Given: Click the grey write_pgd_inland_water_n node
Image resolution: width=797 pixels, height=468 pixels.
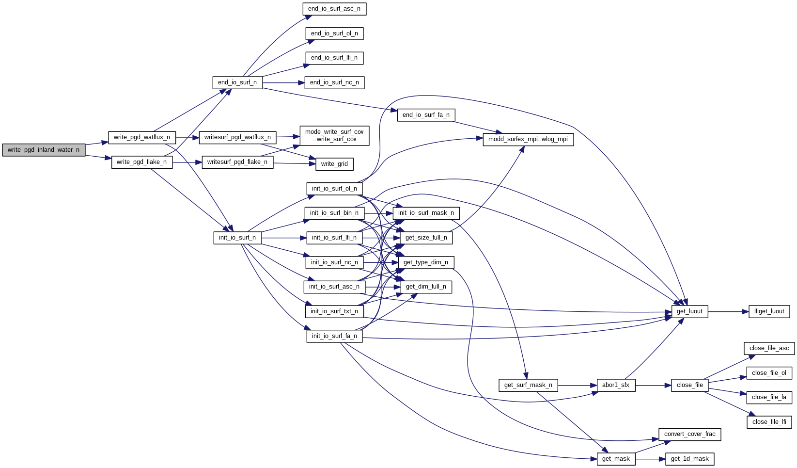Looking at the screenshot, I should pos(44,150).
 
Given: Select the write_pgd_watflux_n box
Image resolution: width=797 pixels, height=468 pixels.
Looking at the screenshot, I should pos(141,137).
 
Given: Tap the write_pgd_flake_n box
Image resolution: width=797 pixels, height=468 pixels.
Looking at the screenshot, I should pos(141,162).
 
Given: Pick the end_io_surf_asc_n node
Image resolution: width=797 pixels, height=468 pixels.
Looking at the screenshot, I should pos(334,9).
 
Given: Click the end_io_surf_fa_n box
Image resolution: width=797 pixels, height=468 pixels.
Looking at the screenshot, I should pos(426,115).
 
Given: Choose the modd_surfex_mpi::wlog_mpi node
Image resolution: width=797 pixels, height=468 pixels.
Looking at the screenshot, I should pos(528,139).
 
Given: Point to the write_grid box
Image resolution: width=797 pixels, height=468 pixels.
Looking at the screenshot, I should pos(334,164).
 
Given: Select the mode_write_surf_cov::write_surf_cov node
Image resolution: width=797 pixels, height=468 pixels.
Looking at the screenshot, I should pos(334,135).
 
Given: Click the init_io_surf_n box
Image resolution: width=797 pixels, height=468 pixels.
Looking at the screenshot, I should pos(237,238).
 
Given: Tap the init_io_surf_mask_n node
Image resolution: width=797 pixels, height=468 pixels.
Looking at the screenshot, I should pos(426,213).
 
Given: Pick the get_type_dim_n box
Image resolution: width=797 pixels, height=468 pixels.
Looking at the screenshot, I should pos(426,262).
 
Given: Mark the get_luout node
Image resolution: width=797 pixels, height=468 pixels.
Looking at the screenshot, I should pos(689,311).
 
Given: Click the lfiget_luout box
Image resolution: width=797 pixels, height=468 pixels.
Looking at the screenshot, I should pos(769,311).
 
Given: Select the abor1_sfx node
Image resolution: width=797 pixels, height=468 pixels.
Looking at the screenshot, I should pos(616,385).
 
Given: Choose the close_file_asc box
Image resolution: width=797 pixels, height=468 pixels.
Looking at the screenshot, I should pos(769,348).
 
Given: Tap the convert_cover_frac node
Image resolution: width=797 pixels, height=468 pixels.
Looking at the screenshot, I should pos(689,434).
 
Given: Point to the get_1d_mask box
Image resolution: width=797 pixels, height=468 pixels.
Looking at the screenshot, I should pos(689,459).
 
